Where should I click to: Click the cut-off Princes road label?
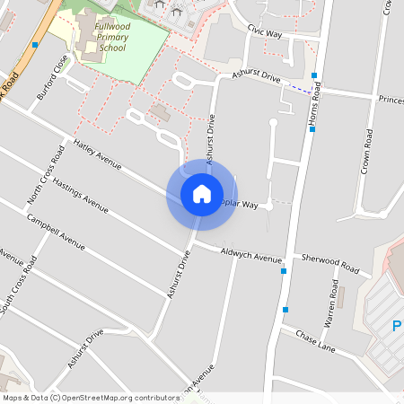(x=390, y=99)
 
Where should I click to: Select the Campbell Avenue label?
(x=56, y=232)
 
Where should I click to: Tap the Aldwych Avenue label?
(x=250, y=257)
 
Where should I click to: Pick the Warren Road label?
(x=330, y=306)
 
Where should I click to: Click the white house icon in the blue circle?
(x=201, y=194)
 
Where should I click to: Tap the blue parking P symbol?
(x=397, y=326)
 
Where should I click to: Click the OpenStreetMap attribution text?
(x=90, y=397)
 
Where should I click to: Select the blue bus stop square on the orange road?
(x=34, y=44)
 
